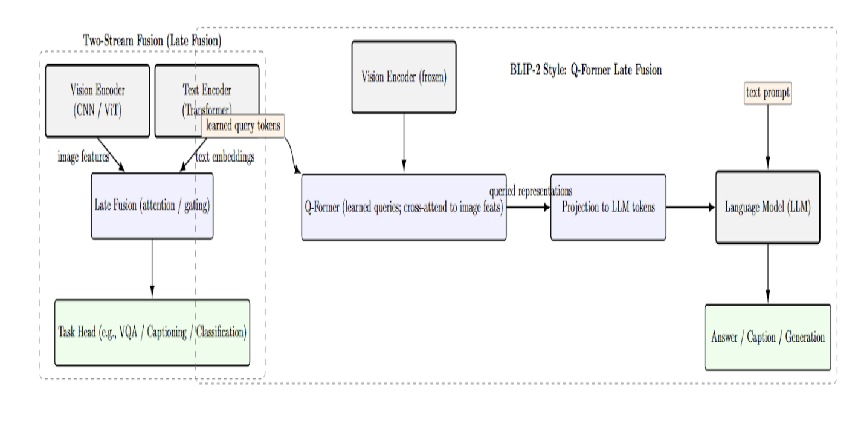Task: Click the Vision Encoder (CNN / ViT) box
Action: pyautogui.click(x=97, y=100)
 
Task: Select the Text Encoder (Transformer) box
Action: pyautogui.click(x=207, y=91)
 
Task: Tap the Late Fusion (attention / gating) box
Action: pyautogui.click(x=152, y=206)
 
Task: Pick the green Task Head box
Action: pyautogui.click(x=152, y=332)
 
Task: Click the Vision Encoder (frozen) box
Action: pyautogui.click(x=404, y=77)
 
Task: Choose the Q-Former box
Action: pyautogui.click(x=404, y=207)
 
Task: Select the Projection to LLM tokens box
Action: pyautogui.click(x=608, y=207)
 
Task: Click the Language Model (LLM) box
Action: pyautogui.click(x=767, y=207)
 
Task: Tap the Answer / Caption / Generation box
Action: pyautogui.click(x=767, y=337)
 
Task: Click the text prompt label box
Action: pyautogui.click(x=767, y=93)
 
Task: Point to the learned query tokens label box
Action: pyautogui.click(x=243, y=126)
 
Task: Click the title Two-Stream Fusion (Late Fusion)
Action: pyautogui.click(x=152, y=41)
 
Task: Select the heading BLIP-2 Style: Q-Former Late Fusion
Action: pyautogui.click(x=585, y=70)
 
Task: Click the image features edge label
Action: pyautogui.click(x=83, y=157)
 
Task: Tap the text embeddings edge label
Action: pyautogui.click(x=225, y=157)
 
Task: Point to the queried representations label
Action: pyautogui.click(x=531, y=192)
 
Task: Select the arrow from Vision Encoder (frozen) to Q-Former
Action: pyautogui.click(x=404, y=143)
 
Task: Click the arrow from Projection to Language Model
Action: pyautogui.click(x=690, y=207)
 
